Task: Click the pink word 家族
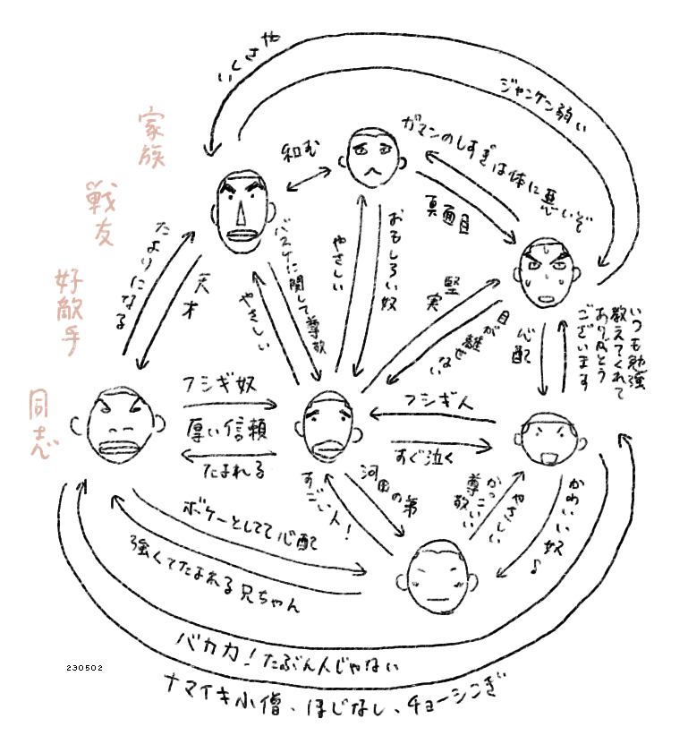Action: coord(152,139)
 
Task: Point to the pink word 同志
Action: coord(39,422)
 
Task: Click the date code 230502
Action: coord(85,667)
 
